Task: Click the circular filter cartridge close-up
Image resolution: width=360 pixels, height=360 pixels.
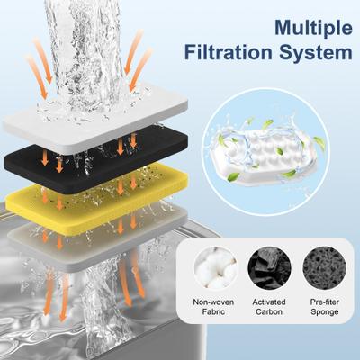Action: [261, 154]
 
